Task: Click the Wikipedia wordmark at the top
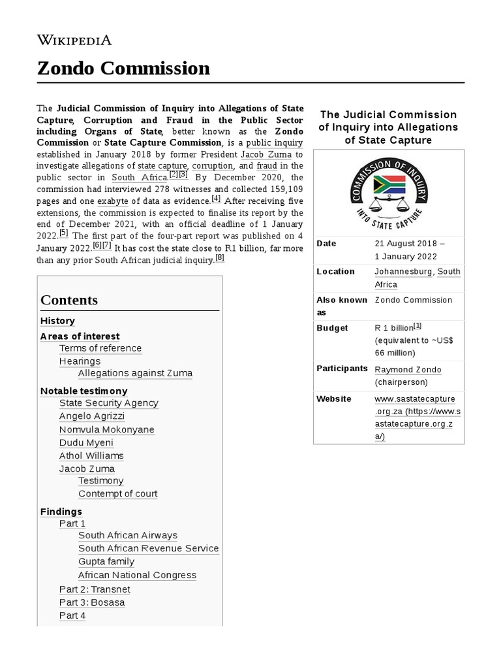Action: [74, 40]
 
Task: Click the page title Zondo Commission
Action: [124, 68]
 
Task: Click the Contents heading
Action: [69, 300]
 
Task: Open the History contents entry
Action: [57, 321]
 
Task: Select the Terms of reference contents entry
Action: [100, 348]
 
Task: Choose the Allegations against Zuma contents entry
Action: [135, 373]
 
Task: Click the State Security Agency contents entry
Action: [108, 403]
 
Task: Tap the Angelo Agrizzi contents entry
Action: [91, 416]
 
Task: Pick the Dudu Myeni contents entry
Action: [86, 442]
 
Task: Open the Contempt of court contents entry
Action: [117, 493]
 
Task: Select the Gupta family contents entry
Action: [106, 561]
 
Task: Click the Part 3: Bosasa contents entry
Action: [91, 602]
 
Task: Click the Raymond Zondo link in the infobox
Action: [408, 369]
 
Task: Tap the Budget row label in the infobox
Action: [332, 328]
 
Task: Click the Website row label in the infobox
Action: [333, 399]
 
